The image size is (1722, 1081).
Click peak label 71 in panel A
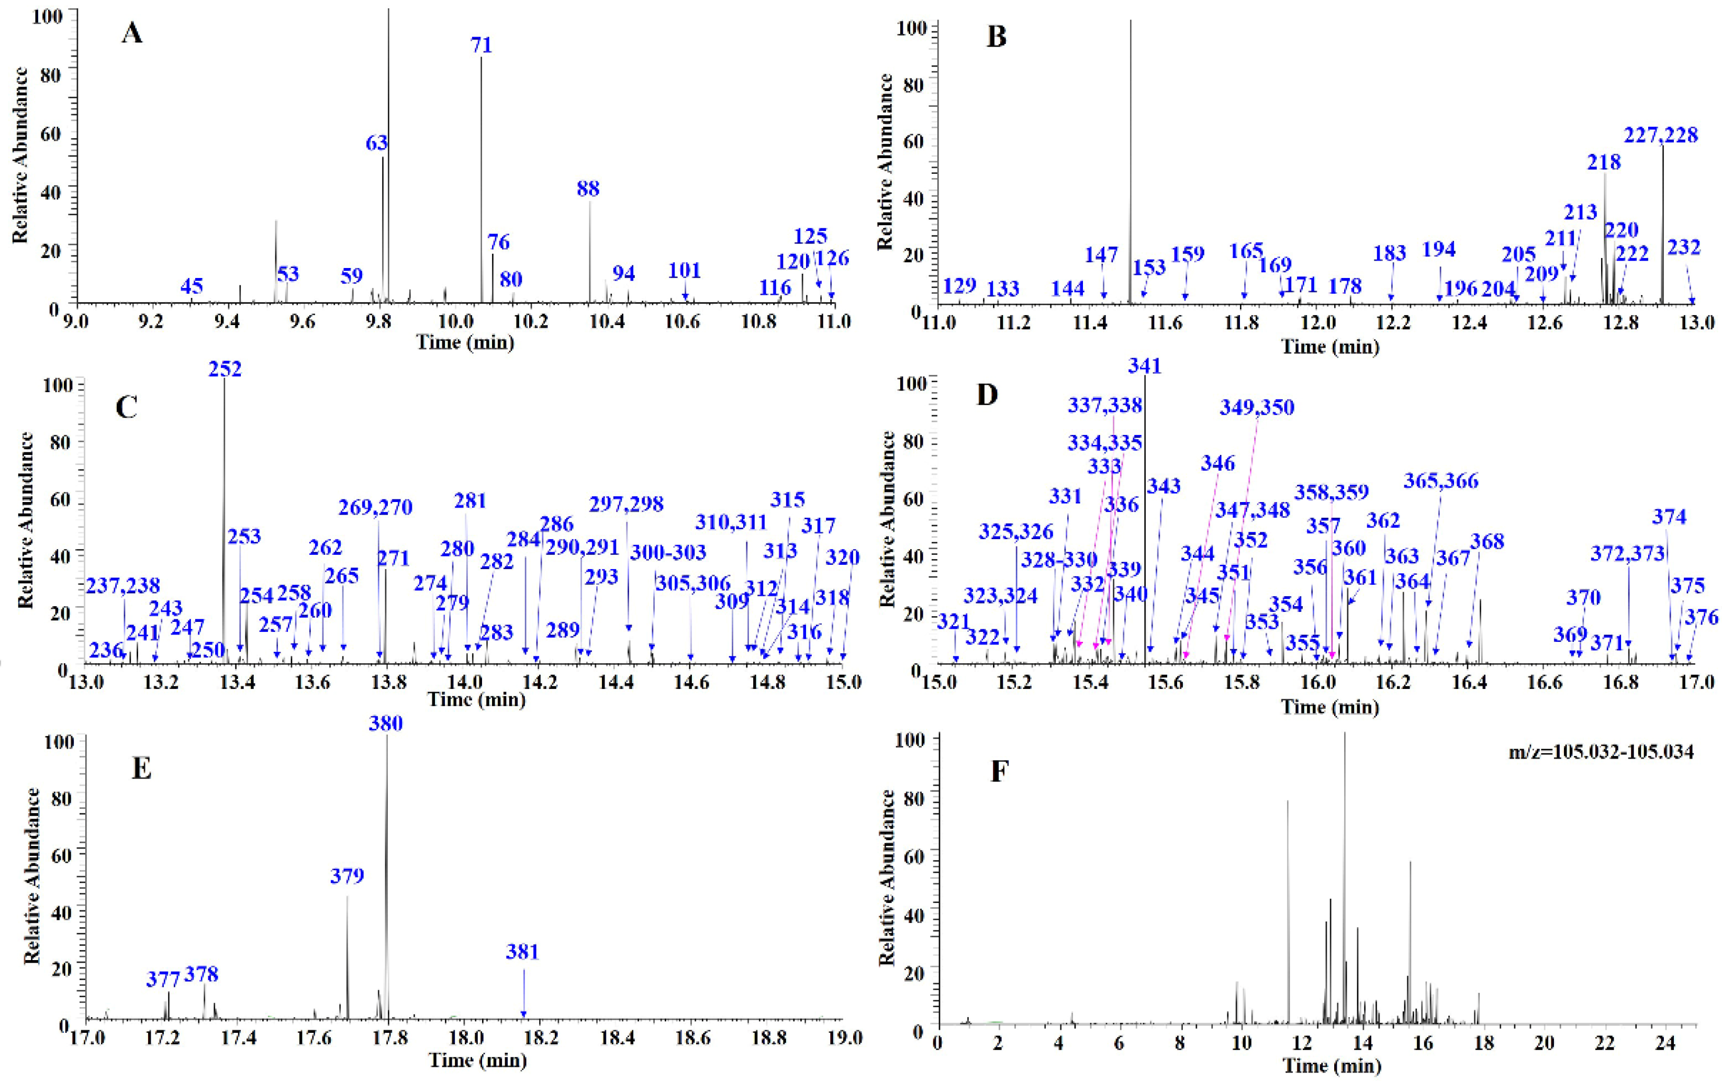(x=481, y=45)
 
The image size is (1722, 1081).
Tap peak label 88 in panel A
(x=588, y=189)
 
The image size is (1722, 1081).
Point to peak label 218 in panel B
(x=1603, y=162)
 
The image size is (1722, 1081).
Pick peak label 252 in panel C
(x=225, y=369)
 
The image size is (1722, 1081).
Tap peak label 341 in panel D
(x=1145, y=366)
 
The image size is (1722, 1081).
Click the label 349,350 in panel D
(x=1257, y=407)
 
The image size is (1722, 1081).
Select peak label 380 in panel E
(x=386, y=723)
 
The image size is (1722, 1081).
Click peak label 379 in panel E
(x=348, y=876)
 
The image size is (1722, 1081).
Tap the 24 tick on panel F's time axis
(x=1665, y=1043)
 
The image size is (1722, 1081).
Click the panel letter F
(x=999, y=773)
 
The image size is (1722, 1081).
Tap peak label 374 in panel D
(x=1669, y=517)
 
